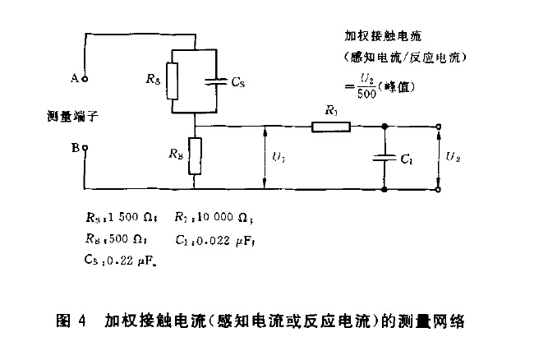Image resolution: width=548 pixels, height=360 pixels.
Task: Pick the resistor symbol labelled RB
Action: click(196, 156)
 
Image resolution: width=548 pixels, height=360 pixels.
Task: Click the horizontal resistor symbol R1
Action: click(330, 126)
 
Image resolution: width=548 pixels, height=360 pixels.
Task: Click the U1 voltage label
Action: click(277, 157)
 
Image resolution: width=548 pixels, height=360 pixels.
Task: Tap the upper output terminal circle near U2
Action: click(440, 126)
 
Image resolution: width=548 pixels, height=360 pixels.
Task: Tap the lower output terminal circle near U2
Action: click(440, 190)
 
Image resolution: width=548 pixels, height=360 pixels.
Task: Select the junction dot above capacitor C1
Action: click(385, 126)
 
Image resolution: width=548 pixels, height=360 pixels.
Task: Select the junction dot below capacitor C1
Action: click(385, 190)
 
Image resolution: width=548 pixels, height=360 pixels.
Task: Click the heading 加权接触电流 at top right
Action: click(383, 36)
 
